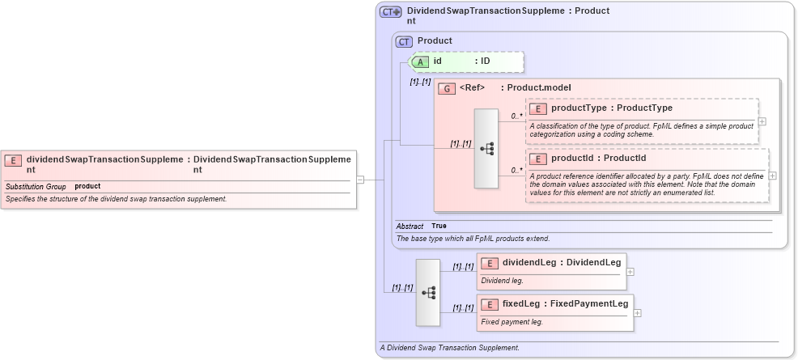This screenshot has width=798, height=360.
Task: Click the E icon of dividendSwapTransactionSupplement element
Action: [14, 160]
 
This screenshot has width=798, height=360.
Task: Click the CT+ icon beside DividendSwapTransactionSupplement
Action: [391, 12]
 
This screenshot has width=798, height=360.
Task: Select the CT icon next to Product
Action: [404, 41]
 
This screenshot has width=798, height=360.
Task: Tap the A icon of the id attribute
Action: [421, 61]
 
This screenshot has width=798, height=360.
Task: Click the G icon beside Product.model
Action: [446, 88]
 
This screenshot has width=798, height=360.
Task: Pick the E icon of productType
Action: [538, 108]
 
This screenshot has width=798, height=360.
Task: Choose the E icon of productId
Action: [538, 159]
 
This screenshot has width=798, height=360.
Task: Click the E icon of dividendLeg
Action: [490, 262]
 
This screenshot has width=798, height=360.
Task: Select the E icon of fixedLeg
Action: [490, 304]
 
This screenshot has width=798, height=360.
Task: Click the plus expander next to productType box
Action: [762, 122]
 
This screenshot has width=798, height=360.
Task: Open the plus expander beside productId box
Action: [772, 176]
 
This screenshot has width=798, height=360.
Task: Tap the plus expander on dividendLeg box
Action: [630, 272]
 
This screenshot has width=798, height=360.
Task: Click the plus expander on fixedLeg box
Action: [637, 313]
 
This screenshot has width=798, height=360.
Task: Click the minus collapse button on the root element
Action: [360, 180]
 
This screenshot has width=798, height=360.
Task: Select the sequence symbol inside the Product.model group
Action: [486, 149]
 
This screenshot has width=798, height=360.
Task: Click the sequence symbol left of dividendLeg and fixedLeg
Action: [428, 292]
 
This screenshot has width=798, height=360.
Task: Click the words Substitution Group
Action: [36, 187]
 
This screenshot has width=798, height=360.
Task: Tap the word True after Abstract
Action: [439, 227]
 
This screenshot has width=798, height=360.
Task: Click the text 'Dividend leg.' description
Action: [502, 281]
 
